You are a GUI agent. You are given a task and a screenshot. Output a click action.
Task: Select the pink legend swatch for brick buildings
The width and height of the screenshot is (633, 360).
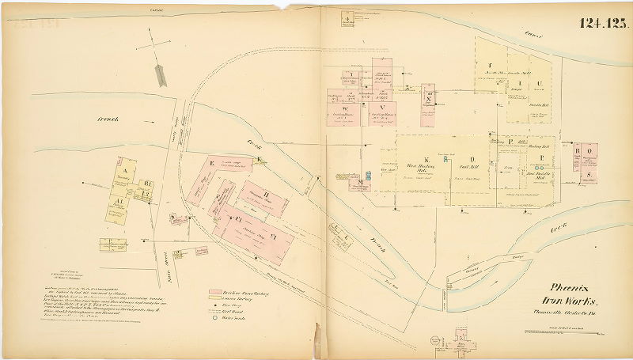pyautogui.click(x=214, y=292)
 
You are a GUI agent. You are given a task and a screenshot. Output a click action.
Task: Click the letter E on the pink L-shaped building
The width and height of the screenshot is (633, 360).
pyautogui.click(x=212, y=163)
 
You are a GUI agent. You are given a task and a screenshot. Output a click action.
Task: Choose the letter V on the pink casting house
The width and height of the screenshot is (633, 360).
pyautogui.click(x=382, y=108)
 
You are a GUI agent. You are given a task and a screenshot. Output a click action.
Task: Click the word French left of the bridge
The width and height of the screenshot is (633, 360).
pyautogui.click(x=108, y=119)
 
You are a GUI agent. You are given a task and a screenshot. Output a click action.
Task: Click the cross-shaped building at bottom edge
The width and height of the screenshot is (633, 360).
pyautogui.click(x=462, y=346)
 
